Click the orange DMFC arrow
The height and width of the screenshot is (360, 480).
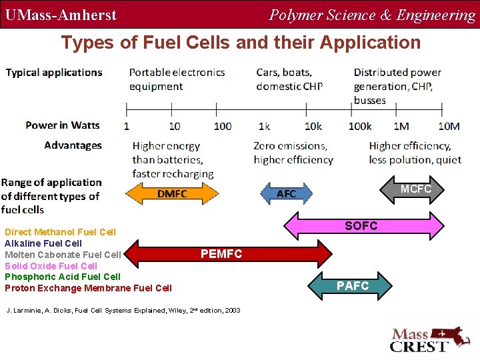click(x=172, y=193)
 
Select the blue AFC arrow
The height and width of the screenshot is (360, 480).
click(x=286, y=193)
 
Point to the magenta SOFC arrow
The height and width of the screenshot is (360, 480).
click(x=363, y=226)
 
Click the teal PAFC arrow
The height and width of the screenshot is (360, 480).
click(x=353, y=285)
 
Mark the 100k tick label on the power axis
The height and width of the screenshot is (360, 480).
click(x=360, y=126)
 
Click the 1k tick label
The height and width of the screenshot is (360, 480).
click(x=264, y=126)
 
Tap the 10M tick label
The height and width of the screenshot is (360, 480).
click(x=449, y=126)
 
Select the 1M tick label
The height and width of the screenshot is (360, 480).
click(x=401, y=126)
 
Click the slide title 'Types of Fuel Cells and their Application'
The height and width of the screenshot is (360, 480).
click(x=241, y=43)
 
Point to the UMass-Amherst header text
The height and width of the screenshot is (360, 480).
click(x=61, y=15)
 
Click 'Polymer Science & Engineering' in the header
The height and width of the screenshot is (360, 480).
click(x=372, y=15)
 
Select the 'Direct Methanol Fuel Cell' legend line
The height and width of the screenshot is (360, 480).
click(x=60, y=232)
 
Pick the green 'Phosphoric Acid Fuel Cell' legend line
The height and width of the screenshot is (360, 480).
click(x=63, y=277)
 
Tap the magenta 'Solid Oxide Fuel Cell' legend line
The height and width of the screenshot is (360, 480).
click(x=51, y=265)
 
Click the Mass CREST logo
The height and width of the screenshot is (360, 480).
click(x=427, y=340)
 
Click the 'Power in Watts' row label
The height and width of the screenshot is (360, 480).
click(x=62, y=125)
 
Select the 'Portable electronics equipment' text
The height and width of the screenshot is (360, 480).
click(x=177, y=79)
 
